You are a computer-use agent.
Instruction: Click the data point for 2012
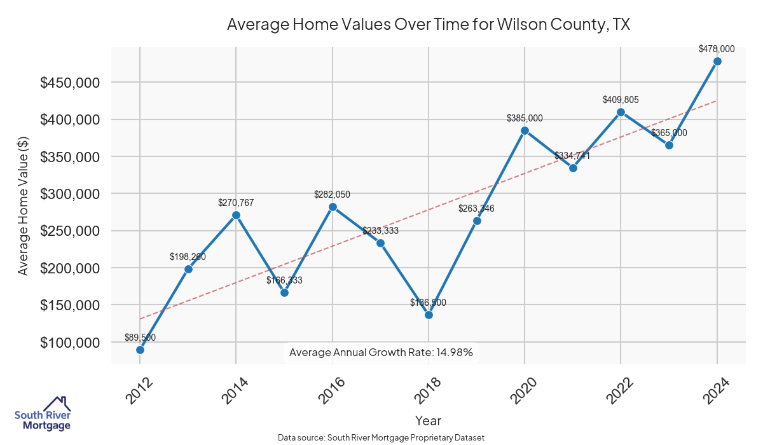point(140,350)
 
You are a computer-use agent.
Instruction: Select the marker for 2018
point(429,315)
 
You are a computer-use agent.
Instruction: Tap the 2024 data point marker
point(717,61)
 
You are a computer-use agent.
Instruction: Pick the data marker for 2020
point(525,130)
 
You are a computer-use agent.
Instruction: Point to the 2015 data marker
point(284,292)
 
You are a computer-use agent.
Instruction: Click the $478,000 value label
point(717,48)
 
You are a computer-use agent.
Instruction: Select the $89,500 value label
point(140,338)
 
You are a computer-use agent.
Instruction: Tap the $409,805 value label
point(621,100)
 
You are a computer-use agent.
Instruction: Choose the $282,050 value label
point(332,195)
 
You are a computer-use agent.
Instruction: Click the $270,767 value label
point(236,203)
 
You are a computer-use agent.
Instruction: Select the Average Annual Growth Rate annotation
point(381,352)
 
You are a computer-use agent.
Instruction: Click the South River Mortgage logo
point(43,414)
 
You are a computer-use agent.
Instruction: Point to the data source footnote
point(381,438)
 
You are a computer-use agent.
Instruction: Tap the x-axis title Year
point(428,420)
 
